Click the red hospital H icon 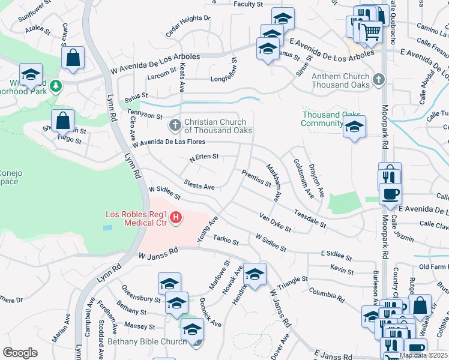click(x=176, y=218)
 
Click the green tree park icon click(x=56, y=86)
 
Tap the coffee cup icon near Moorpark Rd click(x=391, y=193)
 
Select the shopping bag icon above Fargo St click(x=62, y=120)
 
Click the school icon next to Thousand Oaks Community click(x=355, y=127)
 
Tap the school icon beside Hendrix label click(x=255, y=275)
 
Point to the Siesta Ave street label click(x=199, y=187)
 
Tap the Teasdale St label click(x=310, y=219)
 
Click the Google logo click(x=20, y=353)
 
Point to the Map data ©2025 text click(x=423, y=355)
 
